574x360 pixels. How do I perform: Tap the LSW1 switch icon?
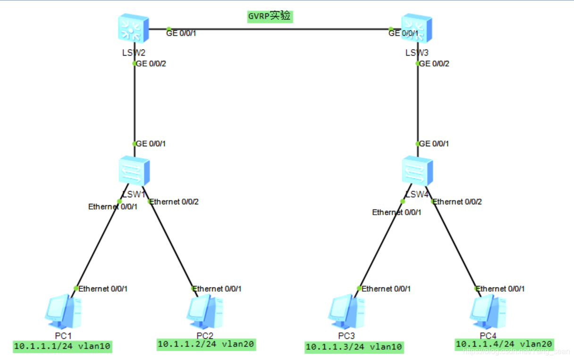click(x=134, y=171)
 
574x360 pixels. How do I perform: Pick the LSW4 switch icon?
click(x=417, y=171)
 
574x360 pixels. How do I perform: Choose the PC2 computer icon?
click(x=204, y=311)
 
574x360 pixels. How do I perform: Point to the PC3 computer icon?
click(x=346, y=311)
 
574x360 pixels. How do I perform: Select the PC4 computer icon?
click(x=488, y=311)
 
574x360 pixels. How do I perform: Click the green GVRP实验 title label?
click(x=270, y=17)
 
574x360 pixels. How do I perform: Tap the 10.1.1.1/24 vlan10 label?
click(x=62, y=346)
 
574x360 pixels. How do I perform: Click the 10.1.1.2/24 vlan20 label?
click(x=206, y=344)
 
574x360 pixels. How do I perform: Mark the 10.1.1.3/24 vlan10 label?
click(x=355, y=347)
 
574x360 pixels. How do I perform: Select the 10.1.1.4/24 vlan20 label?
click(x=504, y=344)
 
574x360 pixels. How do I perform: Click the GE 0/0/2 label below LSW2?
click(x=151, y=64)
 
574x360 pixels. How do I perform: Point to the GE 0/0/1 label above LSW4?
click(x=434, y=143)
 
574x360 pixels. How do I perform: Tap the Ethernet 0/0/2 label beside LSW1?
click(x=174, y=202)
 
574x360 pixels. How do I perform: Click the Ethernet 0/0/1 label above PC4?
click(x=501, y=289)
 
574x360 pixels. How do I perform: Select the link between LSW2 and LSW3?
click(x=279, y=29)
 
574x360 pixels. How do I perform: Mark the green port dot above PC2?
click(x=193, y=288)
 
